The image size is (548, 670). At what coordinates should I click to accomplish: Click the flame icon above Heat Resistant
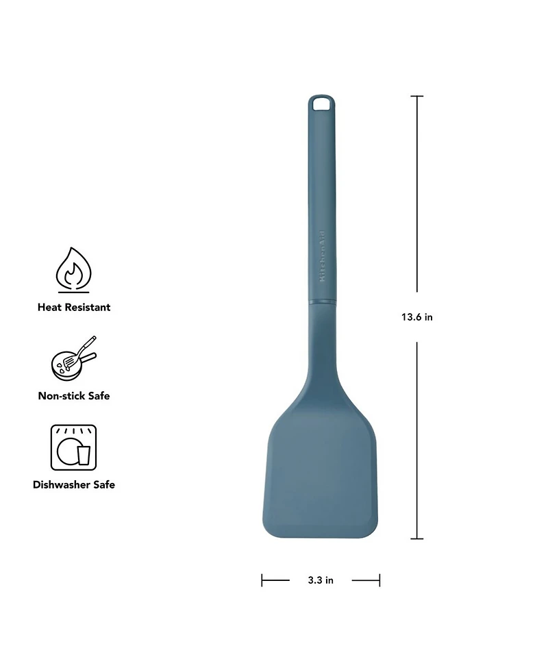coord(73,271)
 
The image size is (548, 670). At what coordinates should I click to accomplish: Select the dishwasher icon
coord(73,447)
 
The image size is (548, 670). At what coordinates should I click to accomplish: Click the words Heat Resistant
coord(73,308)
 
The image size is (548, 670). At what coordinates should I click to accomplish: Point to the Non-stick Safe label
coord(73,396)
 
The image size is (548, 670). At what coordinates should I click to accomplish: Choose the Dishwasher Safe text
coord(73,484)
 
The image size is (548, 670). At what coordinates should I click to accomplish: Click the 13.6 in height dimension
coord(416,317)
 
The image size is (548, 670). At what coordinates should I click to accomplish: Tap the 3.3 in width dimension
coord(320,580)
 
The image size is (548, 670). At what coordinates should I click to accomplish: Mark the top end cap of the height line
coord(416,97)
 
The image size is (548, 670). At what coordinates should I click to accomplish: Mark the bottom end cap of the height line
coord(416,539)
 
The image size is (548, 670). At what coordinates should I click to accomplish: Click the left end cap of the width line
coord(262,580)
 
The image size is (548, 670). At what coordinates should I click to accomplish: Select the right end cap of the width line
coord(379,580)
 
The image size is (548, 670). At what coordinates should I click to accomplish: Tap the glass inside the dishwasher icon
coord(84,454)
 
